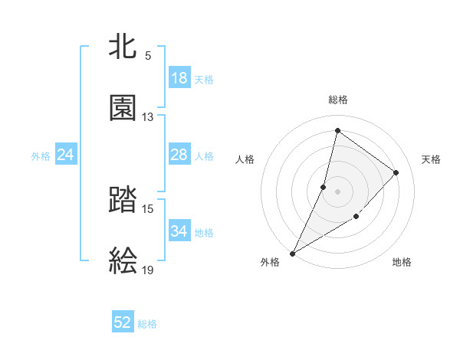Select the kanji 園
point(123,108)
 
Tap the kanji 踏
point(123,201)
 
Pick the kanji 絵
point(123,261)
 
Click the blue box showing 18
point(179,78)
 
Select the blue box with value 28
point(179,155)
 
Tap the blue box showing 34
point(179,231)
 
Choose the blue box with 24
point(66,155)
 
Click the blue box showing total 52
point(123,322)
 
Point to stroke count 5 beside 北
point(148,56)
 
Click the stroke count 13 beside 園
point(148,117)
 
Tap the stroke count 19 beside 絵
point(148,270)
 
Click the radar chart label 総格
point(338,100)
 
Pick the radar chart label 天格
point(431,159)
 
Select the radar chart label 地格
point(402,263)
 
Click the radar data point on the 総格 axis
point(337,130)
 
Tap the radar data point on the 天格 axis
point(396,172)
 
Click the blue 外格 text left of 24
point(41,155)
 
